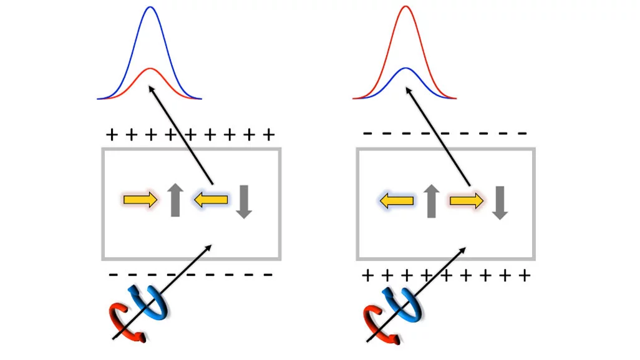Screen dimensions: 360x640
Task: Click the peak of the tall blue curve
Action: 150,7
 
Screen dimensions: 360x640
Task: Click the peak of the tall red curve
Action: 405,7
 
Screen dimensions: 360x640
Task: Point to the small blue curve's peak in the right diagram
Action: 405,68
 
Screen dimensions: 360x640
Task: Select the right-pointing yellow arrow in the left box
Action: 140,200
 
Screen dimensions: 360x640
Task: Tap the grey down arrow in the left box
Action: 244,202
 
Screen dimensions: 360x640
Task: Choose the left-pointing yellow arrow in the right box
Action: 397,200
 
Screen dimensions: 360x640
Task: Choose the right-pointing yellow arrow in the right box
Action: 467,200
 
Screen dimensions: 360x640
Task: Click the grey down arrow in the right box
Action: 500,203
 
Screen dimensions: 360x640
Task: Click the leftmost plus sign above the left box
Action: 112,135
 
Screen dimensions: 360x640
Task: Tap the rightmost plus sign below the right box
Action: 525,275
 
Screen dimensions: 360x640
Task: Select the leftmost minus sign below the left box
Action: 113,275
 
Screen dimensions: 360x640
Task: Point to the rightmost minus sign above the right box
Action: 521,134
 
